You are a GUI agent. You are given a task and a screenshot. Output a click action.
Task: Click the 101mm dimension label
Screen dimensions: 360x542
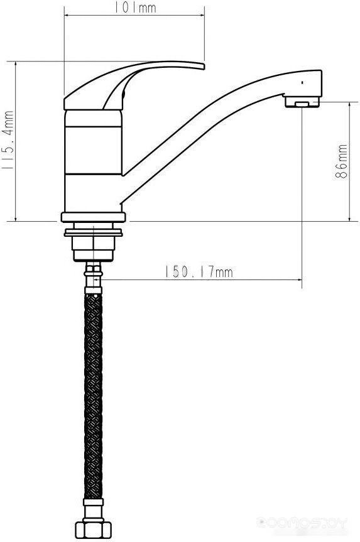[x=136, y=8]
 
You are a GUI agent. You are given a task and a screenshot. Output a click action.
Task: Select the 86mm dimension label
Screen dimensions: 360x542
[x=341, y=161]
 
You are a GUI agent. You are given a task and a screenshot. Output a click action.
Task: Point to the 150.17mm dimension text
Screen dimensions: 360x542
[x=198, y=272]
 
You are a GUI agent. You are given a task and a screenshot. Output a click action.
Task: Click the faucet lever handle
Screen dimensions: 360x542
[x=134, y=85]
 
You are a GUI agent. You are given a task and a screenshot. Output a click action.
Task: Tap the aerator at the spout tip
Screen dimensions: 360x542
[x=302, y=102]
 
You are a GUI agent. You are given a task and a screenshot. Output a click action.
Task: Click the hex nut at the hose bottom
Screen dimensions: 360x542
[x=94, y=529]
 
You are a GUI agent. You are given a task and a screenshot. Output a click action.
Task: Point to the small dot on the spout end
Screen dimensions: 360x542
[x=303, y=83]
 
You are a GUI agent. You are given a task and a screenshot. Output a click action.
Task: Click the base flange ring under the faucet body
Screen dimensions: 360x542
[x=94, y=217]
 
